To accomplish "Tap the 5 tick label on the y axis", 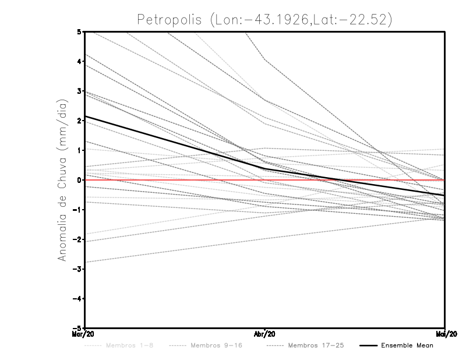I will tap(79, 31).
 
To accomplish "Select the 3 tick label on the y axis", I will tap(79, 91).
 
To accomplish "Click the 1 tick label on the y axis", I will tap(79, 150).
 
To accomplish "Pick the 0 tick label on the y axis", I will tap(79, 180).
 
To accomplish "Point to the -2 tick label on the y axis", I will tap(77, 239).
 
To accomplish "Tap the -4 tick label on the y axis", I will tap(77, 299).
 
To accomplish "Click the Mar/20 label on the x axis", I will tap(85, 334).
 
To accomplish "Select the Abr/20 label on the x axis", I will tap(266, 334).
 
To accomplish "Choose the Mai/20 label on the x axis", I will tap(445, 334).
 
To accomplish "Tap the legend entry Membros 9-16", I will tap(216, 345).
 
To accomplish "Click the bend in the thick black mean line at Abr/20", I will tap(266, 169).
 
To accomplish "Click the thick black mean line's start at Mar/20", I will tap(86, 117).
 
